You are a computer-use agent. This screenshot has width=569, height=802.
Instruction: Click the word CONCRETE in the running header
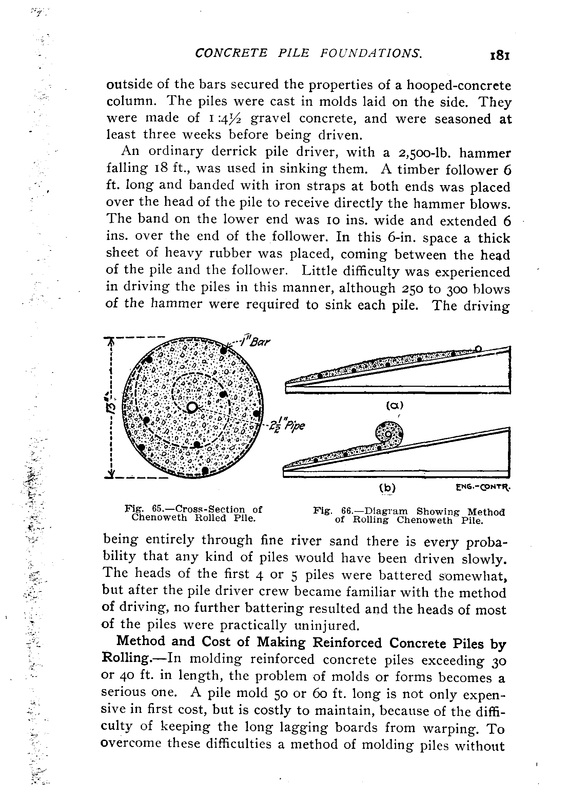231,53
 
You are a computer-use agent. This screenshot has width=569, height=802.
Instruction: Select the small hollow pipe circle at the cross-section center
192,407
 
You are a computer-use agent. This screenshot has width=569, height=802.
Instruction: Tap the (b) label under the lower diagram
388,488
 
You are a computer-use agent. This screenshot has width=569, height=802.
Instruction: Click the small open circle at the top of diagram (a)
478,348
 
